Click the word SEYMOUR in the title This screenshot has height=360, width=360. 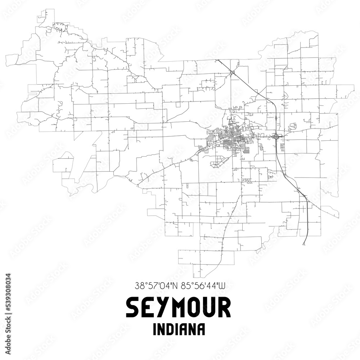(179, 308)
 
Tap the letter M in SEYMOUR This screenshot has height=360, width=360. (179, 308)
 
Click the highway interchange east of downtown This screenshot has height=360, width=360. (276, 136)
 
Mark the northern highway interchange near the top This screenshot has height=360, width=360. (232, 73)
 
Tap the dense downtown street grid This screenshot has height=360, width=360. (230, 139)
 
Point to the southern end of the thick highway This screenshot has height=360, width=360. (303, 244)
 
